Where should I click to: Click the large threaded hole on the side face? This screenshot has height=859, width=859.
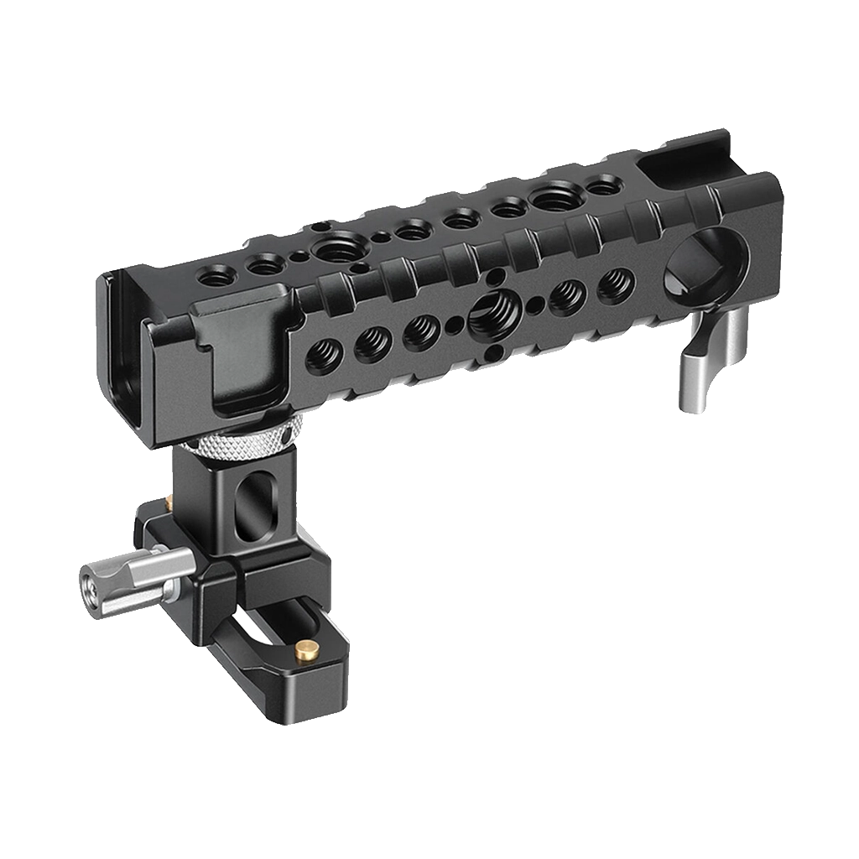click(487, 316)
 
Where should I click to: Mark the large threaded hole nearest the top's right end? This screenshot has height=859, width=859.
click(552, 199)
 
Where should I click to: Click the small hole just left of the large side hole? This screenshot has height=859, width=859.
click(453, 325)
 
